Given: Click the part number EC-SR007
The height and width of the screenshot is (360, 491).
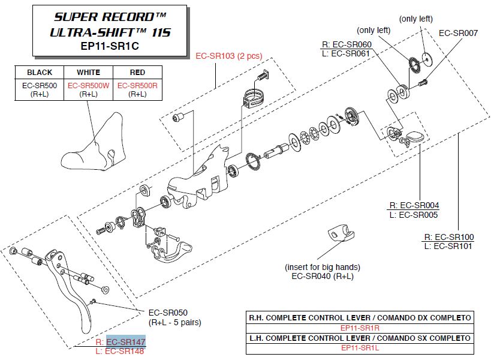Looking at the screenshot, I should tap(459, 33).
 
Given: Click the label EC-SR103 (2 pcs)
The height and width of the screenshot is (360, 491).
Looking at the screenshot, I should tap(228, 56).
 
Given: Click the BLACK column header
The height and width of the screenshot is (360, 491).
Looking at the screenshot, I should tap(40, 73).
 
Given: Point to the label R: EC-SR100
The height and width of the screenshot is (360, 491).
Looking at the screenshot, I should tap(448, 237).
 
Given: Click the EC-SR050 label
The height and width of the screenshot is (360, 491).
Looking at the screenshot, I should tap(168, 313).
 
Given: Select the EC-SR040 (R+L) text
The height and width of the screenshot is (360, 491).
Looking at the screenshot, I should tap(323, 276).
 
